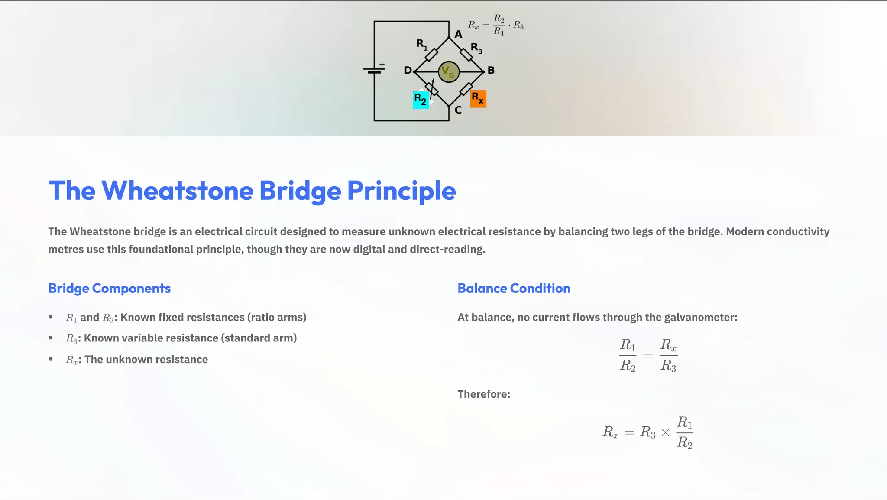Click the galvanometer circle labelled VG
tap(448, 72)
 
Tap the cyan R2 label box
tap(421, 100)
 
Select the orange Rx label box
tap(478, 99)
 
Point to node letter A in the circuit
tap(458, 35)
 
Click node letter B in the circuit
tap(491, 70)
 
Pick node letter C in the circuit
tap(458, 110)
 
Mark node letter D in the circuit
tap(408, 70)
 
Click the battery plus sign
tap(382, 65)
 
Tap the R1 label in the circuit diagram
tap(421, 44)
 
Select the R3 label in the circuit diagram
tap(476, 48)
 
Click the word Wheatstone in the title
tap(177, 191)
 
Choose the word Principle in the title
tap(401, 191)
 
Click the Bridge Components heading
tap(109, 289)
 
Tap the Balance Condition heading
tap(514, 289)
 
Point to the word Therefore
tap(484, 394)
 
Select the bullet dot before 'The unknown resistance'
tap(51, 359)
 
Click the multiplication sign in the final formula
tap(666, 432)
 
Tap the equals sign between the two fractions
tap(648, 356)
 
